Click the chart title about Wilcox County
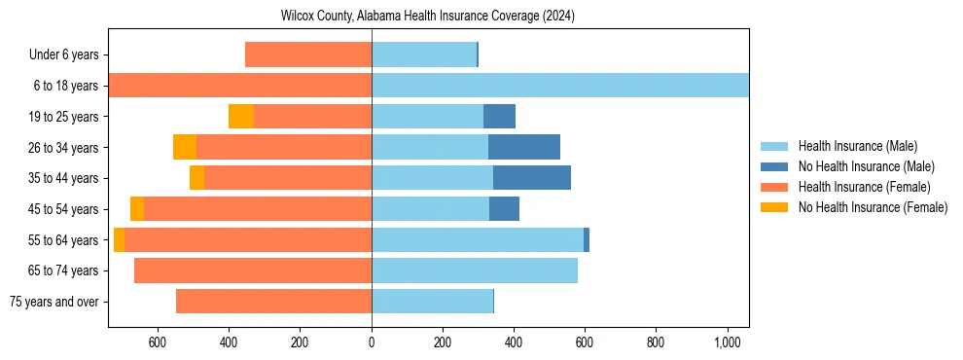[428, 16]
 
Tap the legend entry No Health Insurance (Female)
[873, 207]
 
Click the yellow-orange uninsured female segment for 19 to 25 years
[241, 117]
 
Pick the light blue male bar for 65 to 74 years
[475, 270]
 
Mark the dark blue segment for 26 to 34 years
[524, 147]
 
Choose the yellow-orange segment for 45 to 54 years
[137, 209]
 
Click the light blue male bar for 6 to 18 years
[560, 86]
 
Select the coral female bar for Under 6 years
[308, 54]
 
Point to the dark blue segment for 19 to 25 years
[499, 117]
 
